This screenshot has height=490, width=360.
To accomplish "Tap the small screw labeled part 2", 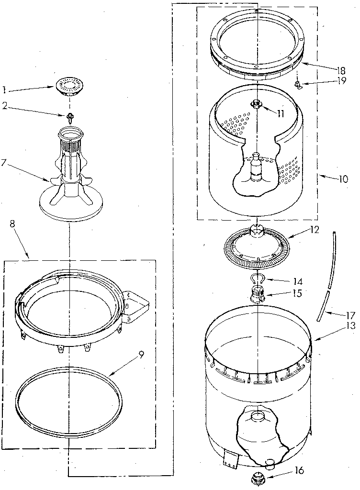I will [70, 115].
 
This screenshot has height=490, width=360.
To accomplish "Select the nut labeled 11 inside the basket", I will [257, 103].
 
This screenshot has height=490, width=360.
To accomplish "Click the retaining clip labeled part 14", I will [257, 279].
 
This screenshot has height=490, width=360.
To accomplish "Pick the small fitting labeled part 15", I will [257, 293].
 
